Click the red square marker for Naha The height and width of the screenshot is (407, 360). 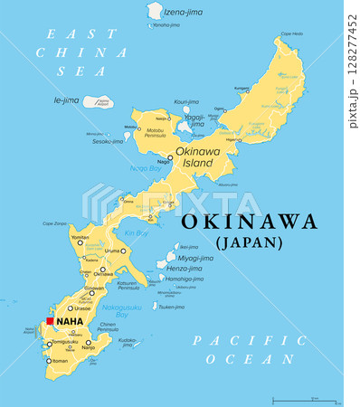click(x=50, y=320)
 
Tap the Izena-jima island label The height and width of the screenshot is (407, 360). click(x=184, y=13)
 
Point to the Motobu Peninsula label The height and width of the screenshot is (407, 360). click(x=149, y=135)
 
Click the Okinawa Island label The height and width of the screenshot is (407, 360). click(x=197, y=156)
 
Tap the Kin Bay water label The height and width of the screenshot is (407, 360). click(x=136, y=233)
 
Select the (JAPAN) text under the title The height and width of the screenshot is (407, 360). click(x=249, y=242)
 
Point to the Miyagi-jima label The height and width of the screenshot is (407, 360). click(x=196, y=258)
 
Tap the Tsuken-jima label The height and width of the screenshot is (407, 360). click(x=172, y=306)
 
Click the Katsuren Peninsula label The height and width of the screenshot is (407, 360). click(x=133, y=286)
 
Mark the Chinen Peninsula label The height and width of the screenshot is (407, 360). click(x=108, y=327)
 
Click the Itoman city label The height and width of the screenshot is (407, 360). click(x=59, y=361)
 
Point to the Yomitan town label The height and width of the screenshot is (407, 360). click(x=81, y=237)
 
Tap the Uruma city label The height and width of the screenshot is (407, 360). click(x=113, y=251)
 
